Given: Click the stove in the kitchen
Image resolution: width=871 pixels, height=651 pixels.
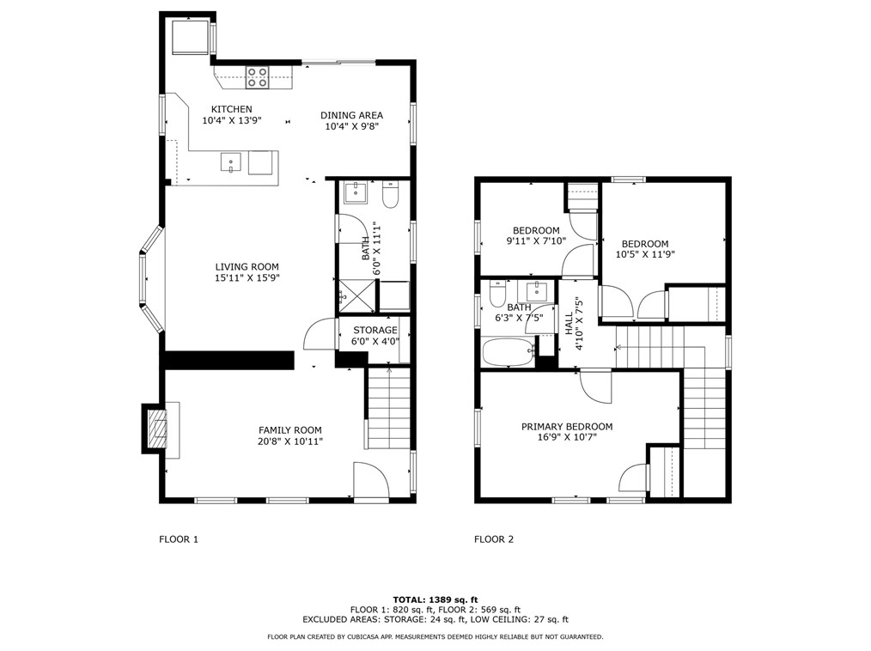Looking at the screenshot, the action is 258,77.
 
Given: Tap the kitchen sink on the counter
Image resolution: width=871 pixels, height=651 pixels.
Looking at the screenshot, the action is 230,163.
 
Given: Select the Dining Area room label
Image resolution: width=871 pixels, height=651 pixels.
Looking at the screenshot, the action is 351,116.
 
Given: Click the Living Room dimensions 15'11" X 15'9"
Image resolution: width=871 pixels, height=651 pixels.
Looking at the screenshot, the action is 247,277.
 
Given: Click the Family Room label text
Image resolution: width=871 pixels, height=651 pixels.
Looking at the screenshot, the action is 290,430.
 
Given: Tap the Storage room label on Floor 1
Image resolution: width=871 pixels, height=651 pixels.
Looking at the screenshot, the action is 375,331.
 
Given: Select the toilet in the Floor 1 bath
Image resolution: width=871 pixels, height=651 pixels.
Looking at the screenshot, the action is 391,195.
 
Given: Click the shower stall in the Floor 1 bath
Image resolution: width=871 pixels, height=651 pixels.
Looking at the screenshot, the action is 357,295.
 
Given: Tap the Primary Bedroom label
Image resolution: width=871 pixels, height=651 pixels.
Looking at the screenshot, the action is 567,427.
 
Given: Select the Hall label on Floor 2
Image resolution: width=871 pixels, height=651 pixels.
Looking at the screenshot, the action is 569,323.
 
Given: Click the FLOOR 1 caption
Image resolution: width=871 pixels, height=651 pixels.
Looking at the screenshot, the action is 179,539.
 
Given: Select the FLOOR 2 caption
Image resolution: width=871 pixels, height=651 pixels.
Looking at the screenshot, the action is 494,539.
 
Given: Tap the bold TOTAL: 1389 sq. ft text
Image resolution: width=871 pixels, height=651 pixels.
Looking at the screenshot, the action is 435,599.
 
